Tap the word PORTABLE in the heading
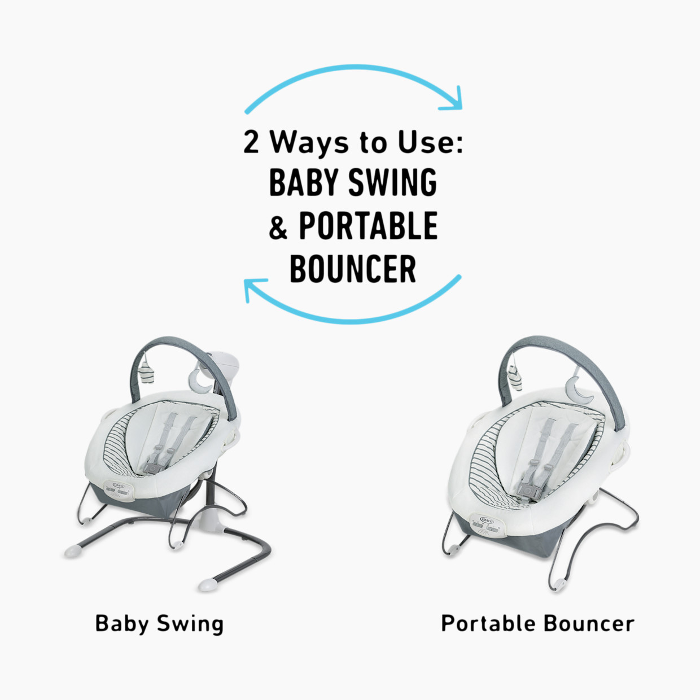pos(368,226)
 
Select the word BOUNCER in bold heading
pos(353,269)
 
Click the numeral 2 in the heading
pos(251,142)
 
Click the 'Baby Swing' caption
pos(159,624)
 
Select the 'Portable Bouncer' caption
pos(537,624)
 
